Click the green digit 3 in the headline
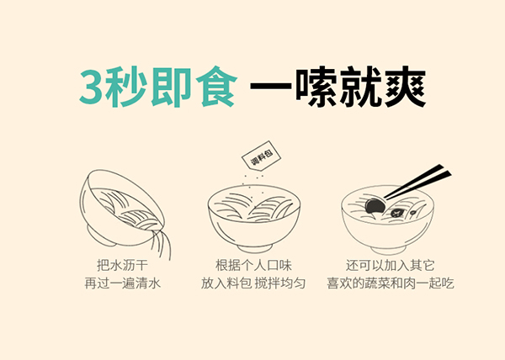tap(92, 86)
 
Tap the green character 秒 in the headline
tap(126, 86)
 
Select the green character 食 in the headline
tap(216, 86)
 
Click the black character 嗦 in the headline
tap(316, 86)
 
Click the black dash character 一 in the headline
tap(271, 86)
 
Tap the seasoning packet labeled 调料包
tap(261, 156)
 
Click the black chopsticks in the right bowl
tap(417, 182)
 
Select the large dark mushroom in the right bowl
tap(375, 206)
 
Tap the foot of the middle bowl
tap(254, 248)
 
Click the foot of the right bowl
tap(388, 250)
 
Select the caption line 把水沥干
tap(122, 266)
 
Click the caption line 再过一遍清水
tap(122, 283)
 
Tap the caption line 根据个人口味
tap(254, 266)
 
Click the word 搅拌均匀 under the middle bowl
tap(280, 283)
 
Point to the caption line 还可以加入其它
tap(391, 266)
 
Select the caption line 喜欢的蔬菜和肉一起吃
tap(391, 283)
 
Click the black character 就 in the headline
tap(361, 86)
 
